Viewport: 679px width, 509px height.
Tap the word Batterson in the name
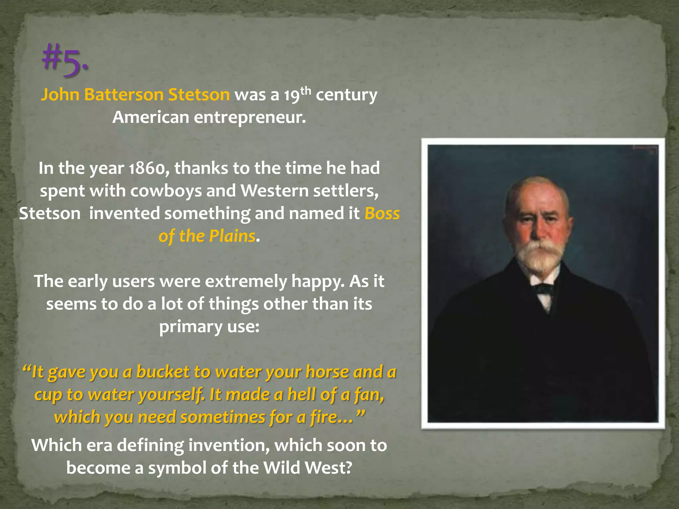pos(124,95)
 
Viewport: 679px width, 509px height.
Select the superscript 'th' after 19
pos(306,90)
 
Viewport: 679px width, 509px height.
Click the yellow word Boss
pos(382,213)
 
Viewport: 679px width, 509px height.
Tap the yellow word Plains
pos(232,236)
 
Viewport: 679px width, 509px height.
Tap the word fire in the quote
pos(321,417)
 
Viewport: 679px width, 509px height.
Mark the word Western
pos(275,191)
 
